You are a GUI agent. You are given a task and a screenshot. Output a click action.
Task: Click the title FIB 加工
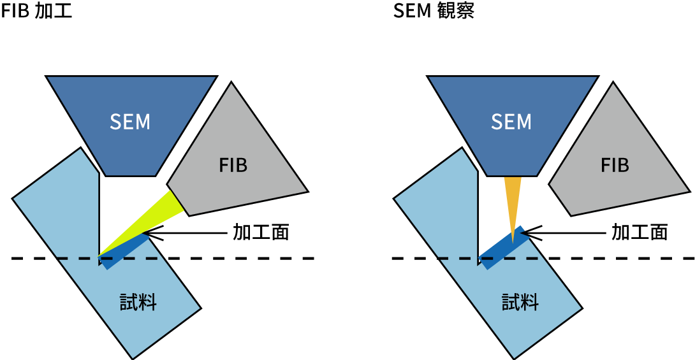(x=36, y=12)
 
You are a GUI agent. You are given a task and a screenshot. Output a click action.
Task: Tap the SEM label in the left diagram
(x=130, y=122)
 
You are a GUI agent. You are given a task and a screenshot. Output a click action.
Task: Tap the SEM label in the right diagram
(x=511, y=122)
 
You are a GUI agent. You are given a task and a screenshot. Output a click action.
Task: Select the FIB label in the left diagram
(x=233, y=166)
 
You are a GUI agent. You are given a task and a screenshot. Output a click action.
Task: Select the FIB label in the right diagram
(x=615, y=166)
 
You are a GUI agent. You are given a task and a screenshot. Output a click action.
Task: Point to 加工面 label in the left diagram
(x=261, y=233)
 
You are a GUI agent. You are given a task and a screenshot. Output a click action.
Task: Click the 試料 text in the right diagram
(x=520, y=302)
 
